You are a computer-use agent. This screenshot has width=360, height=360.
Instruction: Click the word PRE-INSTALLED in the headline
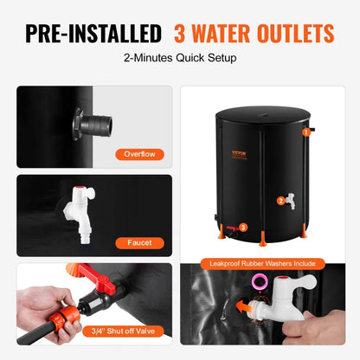click(x=93, y=34)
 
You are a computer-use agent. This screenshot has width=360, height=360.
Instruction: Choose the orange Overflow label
click(x=139, y=155)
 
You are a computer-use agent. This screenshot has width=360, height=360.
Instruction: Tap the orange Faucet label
click(x=139, y=243)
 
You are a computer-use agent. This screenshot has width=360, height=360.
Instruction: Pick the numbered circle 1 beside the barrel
click(x=305, y=132)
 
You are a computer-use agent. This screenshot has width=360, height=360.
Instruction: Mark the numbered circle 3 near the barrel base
click(x=243, y=227)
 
